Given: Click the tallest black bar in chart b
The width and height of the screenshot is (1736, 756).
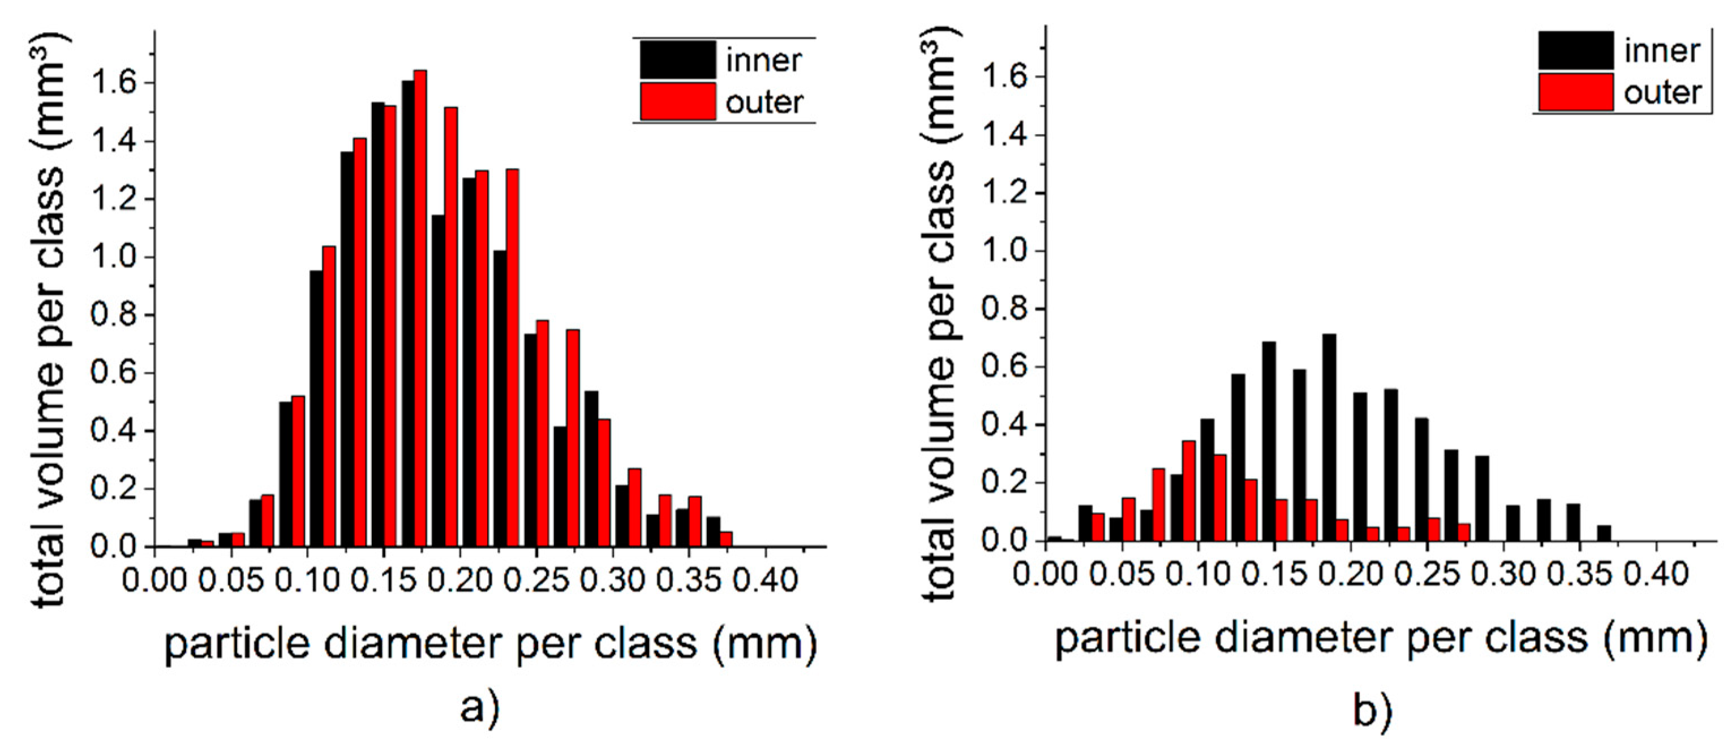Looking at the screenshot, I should click(1329, 438).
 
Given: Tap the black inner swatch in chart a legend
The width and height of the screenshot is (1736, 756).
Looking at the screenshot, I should click(677, 60).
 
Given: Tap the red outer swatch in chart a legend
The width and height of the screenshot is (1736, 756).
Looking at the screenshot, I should click(677, 102).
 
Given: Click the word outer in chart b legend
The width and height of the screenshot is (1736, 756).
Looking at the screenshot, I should click(1662, 93).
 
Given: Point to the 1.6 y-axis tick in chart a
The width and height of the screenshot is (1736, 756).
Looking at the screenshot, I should click(114, 83).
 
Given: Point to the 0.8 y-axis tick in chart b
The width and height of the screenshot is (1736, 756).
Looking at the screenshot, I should click(1004, 310).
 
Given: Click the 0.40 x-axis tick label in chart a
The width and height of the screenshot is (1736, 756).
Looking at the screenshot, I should click(765, 580).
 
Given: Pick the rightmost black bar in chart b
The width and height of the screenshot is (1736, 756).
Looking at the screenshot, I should click(1604, 532).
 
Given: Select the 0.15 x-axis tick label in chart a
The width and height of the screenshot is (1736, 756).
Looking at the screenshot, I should click(384, 580).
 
